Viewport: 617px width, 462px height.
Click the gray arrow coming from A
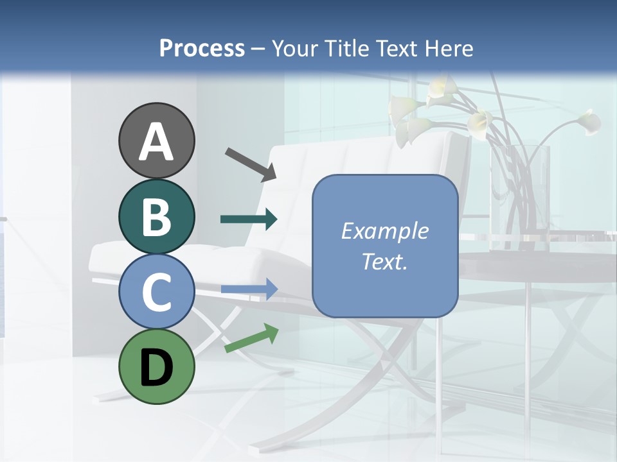tap(250, 163)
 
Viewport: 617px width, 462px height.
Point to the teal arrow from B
tap(248, 219)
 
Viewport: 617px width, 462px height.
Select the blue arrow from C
tap(249, 289)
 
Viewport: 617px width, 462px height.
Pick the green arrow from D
tap(251, 339)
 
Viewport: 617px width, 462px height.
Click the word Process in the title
tap(202, 48)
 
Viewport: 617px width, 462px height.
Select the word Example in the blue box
tap(384, 231)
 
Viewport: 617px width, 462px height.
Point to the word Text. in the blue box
tap(384, 261)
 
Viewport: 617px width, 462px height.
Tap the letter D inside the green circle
tap(157, 369)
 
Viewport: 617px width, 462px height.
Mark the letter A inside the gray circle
tap(157, 142)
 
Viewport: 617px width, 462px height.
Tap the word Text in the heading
tap(398, 48)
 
